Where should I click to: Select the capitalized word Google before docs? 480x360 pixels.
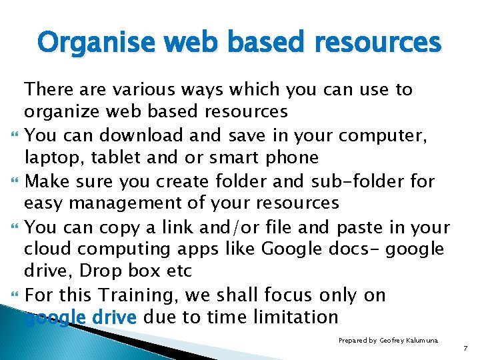click(x=291, y=249)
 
